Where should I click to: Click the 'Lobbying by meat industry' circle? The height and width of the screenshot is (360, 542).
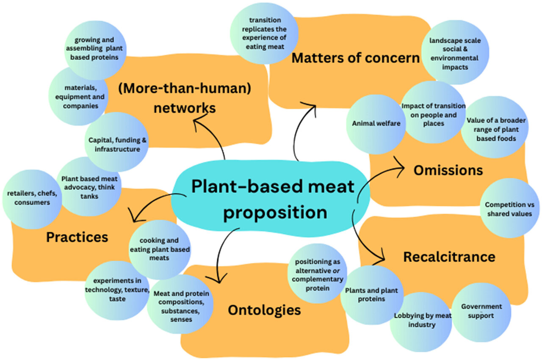point(417,321)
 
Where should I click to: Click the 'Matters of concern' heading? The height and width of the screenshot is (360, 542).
point(355,58)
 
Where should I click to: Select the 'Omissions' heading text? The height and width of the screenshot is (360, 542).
point(448,170)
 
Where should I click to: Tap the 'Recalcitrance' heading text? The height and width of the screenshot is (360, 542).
point(449,257)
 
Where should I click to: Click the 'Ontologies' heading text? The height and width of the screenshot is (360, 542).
point(264,310)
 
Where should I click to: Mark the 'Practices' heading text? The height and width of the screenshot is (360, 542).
point(77,237)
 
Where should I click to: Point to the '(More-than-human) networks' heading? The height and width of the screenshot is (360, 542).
point(184,99)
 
